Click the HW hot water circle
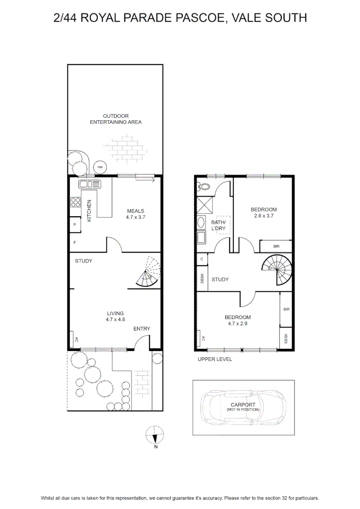100,167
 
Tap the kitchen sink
90,184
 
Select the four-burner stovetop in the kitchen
76,202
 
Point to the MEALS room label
136,211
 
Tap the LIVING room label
115,313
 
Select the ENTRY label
142,329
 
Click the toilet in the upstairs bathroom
204,187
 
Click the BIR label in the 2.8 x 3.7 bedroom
276,246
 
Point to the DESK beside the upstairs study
202,278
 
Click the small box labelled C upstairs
202,259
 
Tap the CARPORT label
243,404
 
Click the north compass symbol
155,435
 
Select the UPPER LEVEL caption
215,359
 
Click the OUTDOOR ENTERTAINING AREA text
115,119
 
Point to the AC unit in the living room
72,339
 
